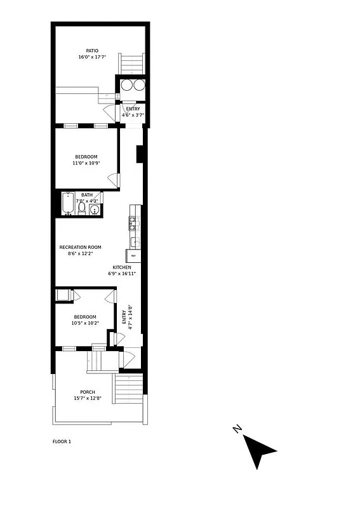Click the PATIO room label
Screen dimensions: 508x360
click(92, 51)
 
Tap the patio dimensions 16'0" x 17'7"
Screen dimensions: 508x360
click(92, 57)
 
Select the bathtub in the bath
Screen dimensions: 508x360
click(69, 205)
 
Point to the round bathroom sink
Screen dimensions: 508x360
click(95, 210)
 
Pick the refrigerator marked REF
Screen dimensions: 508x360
click(133, 255)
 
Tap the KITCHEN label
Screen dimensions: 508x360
click(122, 267)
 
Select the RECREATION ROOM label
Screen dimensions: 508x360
click(80, 247)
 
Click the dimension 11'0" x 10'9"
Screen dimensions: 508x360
click(85, 163)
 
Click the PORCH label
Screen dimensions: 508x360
click(87, 392)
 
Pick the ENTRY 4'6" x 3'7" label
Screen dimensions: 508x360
click(133, 112)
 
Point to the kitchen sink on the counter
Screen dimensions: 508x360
click(134, 241)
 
